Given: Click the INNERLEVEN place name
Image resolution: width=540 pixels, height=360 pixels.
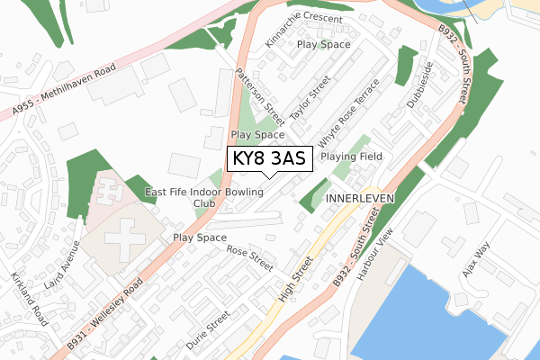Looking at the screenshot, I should [x=357, y=195].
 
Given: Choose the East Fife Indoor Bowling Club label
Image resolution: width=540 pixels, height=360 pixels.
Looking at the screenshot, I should [x=205, y=197].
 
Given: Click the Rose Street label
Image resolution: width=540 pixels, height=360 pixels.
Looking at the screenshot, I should [x=249, y=258].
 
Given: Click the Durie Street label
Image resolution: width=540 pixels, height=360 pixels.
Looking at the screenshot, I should [x=207, y=330].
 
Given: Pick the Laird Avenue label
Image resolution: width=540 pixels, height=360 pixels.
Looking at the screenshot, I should [x=68, y=261].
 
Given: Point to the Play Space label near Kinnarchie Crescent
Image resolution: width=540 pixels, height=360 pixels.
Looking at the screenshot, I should [x=323, y=43].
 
